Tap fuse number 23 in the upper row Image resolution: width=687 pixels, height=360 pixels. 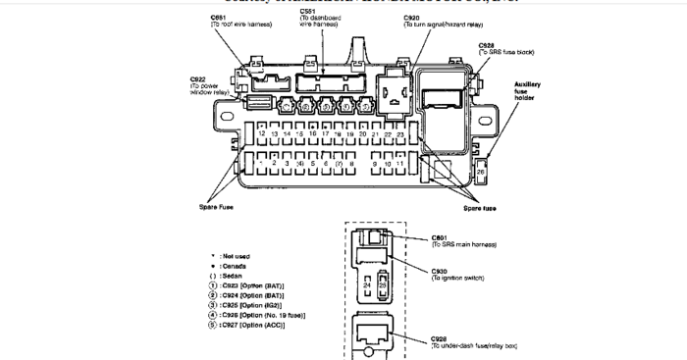(442, 132)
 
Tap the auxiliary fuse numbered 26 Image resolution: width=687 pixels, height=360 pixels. (481, 172)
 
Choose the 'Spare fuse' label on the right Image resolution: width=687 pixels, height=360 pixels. (479, 209)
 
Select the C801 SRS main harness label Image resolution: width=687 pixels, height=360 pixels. (461, 240)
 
